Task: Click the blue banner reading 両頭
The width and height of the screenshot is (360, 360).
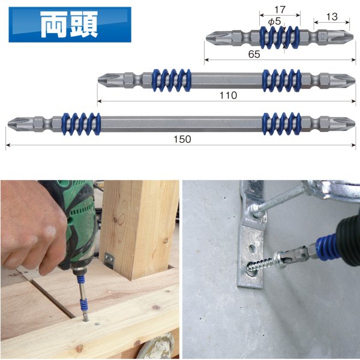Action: tap(70, 25)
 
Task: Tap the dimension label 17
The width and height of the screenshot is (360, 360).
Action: tap(280, 10)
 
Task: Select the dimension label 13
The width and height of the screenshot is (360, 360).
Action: tap(332, 17)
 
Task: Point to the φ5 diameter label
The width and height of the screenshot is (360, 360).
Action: tap(274, 22)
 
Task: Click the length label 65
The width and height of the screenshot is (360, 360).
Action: tap(254, 54)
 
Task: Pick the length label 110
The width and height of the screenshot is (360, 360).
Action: tap(228, 95)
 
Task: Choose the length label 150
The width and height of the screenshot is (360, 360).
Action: tap(182, 139)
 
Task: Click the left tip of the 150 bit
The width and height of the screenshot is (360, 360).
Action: tap(8, 124)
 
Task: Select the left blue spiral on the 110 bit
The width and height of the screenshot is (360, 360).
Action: tap(171, 80)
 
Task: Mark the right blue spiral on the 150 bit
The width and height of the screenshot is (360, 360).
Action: tap(281, 124)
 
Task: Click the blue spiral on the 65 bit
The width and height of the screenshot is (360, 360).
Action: tap(280, 37)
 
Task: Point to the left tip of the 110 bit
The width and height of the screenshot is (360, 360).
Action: tap(98, 80)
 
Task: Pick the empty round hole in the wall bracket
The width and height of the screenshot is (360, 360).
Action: tap(252, 248)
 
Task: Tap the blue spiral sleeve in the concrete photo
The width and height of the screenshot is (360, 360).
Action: tap(328, 247)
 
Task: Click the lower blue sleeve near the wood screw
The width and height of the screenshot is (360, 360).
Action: tap(84, 304)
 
